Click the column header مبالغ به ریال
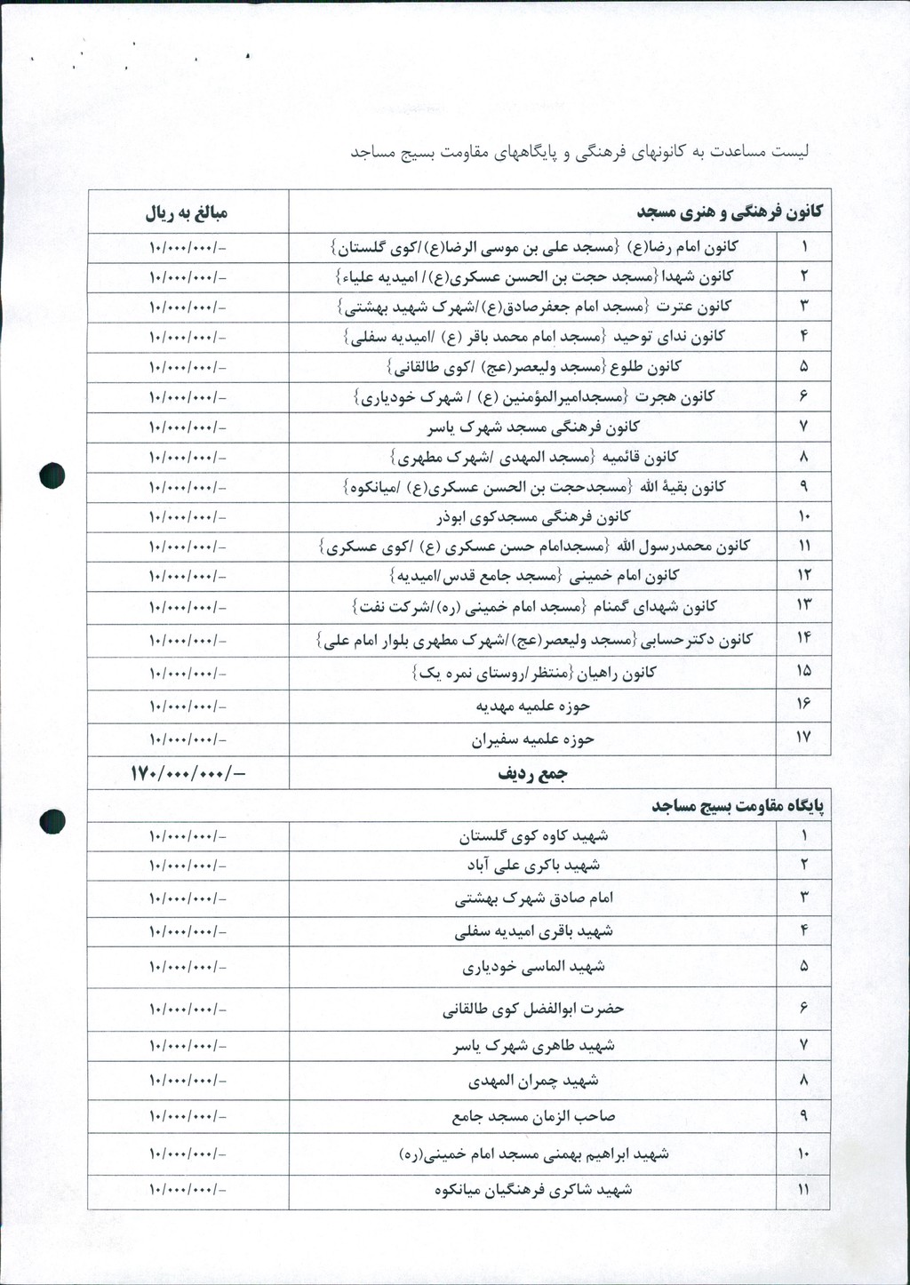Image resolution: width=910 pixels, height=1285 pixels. (188, 213)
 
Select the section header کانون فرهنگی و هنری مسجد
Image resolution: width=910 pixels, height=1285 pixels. (730, 212)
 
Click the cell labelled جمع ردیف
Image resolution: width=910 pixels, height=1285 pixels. (532, 774)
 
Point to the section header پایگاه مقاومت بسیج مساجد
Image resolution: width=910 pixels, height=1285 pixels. (738, 806)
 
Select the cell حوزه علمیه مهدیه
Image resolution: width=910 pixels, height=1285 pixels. (532, 706)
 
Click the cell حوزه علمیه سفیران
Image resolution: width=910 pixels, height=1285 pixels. (532, 738)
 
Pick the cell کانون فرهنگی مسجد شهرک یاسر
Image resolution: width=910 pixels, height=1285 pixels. (532, 427)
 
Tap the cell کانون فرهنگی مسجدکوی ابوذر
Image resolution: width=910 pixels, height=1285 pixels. (532, 516)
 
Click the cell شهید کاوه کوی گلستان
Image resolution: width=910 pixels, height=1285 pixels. (532, 836)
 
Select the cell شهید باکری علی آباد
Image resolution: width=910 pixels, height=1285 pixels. (532, 865)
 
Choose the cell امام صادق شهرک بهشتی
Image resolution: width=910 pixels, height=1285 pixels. (532, 898)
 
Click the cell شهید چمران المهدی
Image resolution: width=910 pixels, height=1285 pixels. (532, 1081)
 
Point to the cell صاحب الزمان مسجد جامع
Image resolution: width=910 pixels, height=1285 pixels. (532, 1116)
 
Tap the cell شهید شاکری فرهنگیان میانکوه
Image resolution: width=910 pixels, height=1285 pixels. (532, 1189)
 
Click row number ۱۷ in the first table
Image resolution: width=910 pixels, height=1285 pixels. (803, 738)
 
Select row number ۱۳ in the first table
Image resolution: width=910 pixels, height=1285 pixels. (803, 606)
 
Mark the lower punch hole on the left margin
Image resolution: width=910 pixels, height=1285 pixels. (52, 822)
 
